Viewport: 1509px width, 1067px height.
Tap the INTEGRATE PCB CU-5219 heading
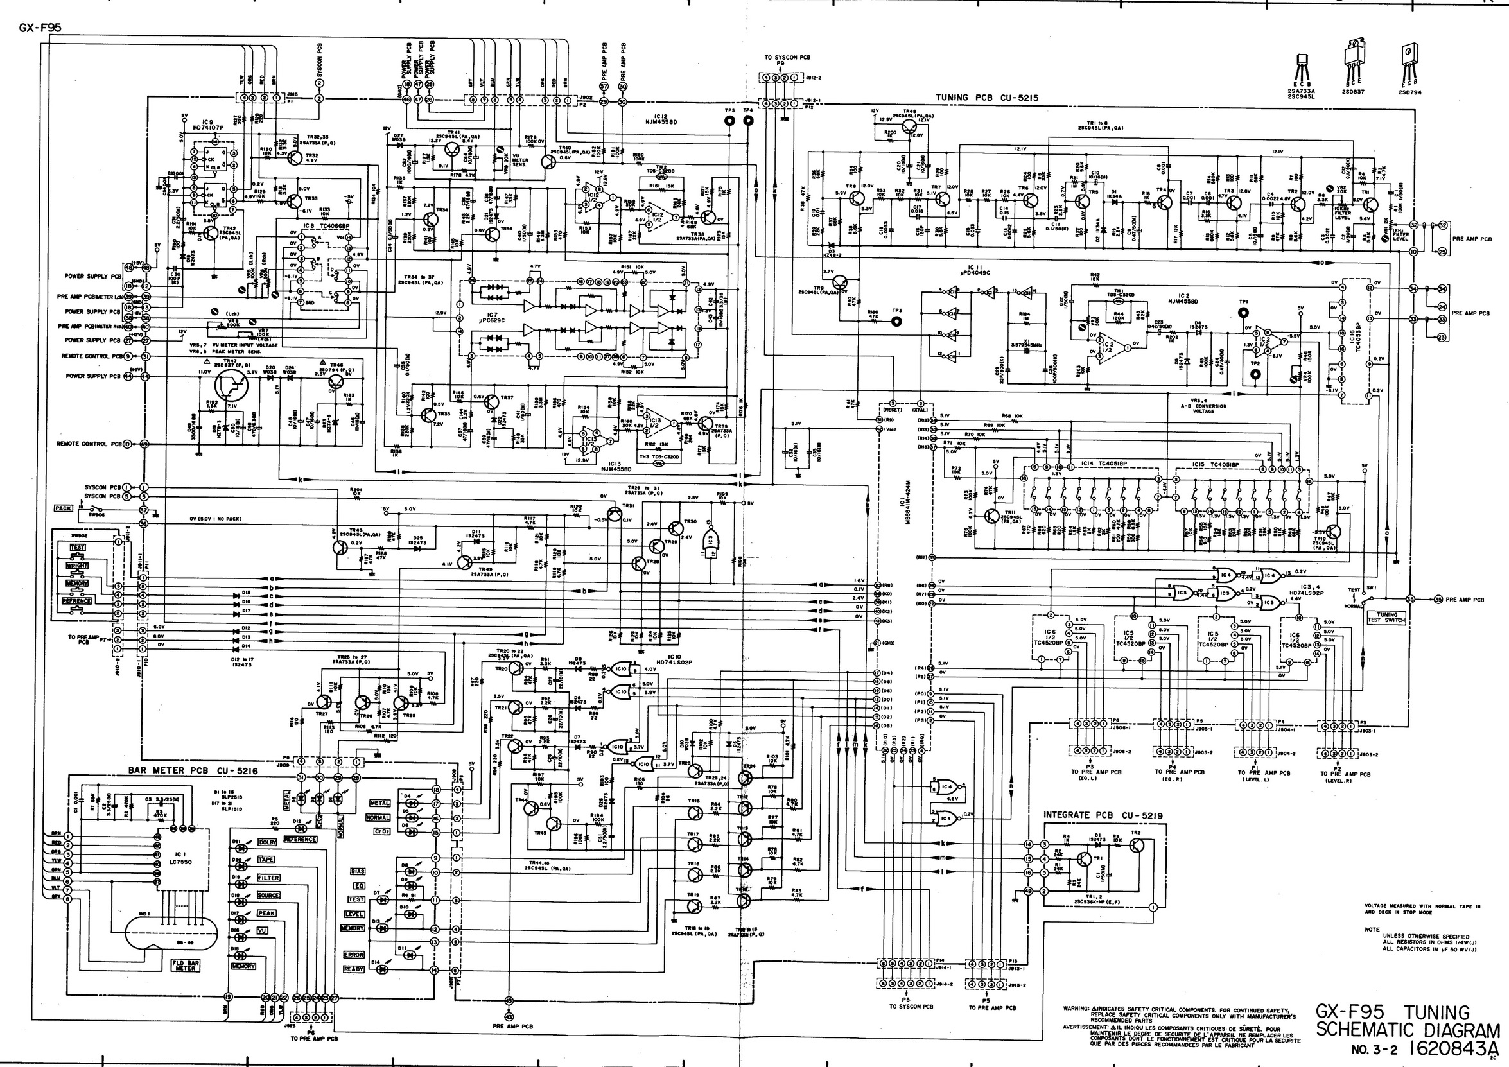coord(1103,815)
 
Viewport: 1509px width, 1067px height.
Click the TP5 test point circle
coord(729,121)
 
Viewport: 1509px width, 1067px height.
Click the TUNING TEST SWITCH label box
coord(1387,618)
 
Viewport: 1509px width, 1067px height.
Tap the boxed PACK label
coord(63,508)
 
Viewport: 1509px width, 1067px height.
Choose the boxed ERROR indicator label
coord(354,955)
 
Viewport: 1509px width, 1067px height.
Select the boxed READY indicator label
coord(354,969)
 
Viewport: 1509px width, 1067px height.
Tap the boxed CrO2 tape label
coord(382,832)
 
